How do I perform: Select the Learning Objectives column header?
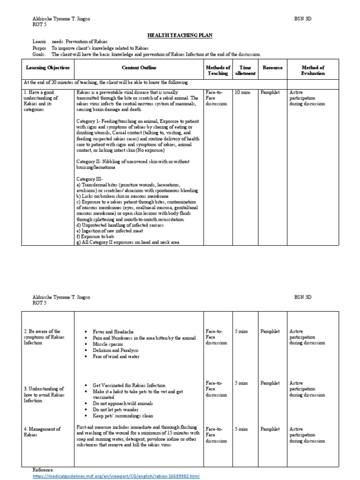click(47, 68)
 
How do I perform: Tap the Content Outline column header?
click(139, 68)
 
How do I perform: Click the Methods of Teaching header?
click(218, 70)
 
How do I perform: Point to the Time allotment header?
click(245, 70)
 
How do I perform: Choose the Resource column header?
click(272, 68)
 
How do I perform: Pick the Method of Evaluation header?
click(313, 70)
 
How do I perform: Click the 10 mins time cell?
click(243, 93)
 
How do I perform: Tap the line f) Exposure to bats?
click(96, 237)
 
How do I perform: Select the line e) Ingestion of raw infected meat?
click(110, 231)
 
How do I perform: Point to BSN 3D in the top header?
click(302, 19)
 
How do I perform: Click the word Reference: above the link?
click(44, 470)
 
